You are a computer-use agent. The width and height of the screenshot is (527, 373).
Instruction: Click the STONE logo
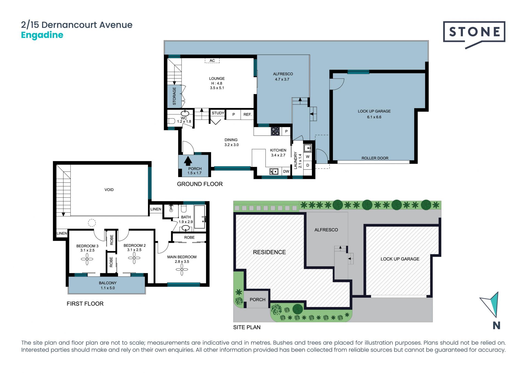(474, 33)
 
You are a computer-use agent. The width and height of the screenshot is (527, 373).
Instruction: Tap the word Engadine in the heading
(42, 35)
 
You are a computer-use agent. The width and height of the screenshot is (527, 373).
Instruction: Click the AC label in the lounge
(212, 60)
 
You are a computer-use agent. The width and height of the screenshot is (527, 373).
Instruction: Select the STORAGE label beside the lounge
(174, 96)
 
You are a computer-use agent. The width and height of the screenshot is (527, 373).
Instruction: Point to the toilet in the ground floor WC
(171, 121)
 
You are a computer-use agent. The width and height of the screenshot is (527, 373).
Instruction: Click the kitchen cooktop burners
(275, 131)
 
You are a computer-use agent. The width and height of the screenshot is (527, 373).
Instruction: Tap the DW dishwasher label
(286, 172)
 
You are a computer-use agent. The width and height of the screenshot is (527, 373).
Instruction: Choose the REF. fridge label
(247, 115)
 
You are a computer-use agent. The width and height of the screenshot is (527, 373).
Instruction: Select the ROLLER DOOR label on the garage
(375, 158)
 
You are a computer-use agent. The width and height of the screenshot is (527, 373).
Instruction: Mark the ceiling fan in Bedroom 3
(87, 259)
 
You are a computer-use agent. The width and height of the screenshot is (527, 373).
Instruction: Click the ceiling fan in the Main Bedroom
(182, 270)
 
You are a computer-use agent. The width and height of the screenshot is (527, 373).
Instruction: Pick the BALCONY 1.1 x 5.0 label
(108, 285)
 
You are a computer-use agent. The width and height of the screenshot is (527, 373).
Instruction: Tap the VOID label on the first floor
(109, 190)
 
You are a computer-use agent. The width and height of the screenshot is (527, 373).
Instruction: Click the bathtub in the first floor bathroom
(200, 217)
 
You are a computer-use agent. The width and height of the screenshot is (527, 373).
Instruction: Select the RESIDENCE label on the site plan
(269, 252)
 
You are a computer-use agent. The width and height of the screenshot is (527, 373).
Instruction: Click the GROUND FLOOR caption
(200, 184)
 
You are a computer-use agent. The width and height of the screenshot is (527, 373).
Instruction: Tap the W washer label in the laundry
(308, 157)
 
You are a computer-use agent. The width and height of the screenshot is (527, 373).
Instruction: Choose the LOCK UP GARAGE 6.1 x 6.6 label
(374, 114)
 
